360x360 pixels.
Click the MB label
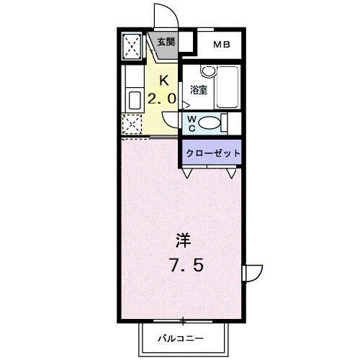pos(221,45)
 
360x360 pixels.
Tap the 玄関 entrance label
pos(164,42)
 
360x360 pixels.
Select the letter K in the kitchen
pos(163,81)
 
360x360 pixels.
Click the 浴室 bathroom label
pos(199,90)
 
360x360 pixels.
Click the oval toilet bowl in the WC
pos(211,123)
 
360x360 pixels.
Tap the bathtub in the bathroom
pos(227,86)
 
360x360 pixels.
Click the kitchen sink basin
pos(134,99)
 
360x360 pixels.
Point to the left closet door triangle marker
pos(187,174)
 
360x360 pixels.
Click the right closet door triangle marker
pos(232,174)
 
